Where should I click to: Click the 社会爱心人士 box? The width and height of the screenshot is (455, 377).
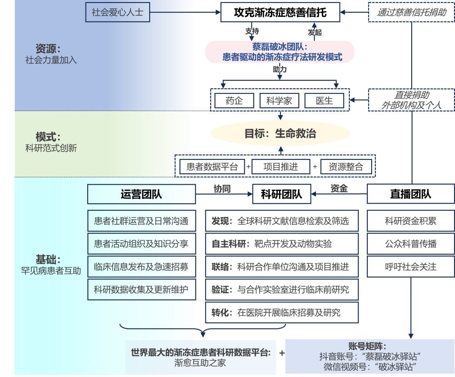click(118, 12)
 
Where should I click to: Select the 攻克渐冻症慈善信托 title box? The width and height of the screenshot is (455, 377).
click(280, 13)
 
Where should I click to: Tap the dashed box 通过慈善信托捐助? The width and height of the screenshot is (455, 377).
click(411, 13)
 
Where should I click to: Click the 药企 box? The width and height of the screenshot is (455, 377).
click(234, 101)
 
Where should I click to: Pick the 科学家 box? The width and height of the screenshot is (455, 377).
click(279, 101)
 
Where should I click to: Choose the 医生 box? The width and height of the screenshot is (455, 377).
click(324, 101)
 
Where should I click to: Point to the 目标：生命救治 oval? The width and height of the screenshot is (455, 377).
click(280, 133)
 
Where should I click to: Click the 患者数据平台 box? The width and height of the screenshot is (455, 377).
click(212, 167)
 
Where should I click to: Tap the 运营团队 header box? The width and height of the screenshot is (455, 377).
click(141, 194)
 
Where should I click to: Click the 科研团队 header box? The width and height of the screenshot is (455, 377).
click(281, 194)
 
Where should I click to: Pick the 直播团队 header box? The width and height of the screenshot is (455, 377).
click(411, 194)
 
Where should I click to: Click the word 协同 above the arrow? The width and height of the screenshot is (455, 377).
click(222, 188)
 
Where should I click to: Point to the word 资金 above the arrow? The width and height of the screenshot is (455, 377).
click(339, 188)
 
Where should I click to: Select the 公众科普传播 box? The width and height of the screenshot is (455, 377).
click(411, 244)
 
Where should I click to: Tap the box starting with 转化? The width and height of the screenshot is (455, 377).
click(282, 313)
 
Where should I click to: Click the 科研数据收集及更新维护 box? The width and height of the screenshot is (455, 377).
click(141, 289)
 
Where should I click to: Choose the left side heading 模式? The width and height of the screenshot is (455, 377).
click(48, 137)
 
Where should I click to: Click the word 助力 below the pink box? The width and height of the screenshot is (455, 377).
click(280, 69)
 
